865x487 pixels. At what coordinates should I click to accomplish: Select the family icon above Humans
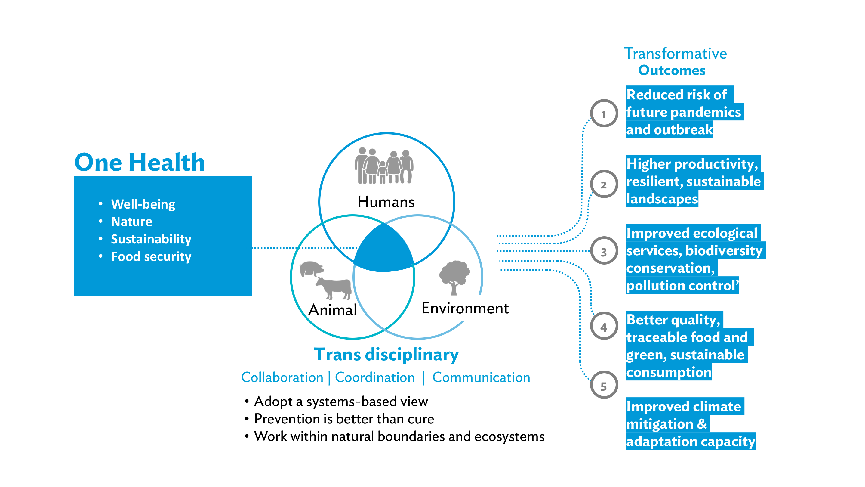[384, 166]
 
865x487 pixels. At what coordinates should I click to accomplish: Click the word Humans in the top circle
[386, 202]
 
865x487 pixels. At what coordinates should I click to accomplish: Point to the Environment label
[465, 308]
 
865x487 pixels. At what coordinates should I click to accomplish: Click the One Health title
[140, 162]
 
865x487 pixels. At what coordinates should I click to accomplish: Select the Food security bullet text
[151, 257]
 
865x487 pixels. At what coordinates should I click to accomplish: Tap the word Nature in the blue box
[132, 222]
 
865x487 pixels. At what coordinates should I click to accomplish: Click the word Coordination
[375, 377]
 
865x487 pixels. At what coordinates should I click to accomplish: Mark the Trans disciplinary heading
[386, 355]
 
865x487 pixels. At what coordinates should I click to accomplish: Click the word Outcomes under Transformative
[672, 70]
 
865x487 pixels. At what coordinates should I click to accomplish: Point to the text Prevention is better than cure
[344, 419]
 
